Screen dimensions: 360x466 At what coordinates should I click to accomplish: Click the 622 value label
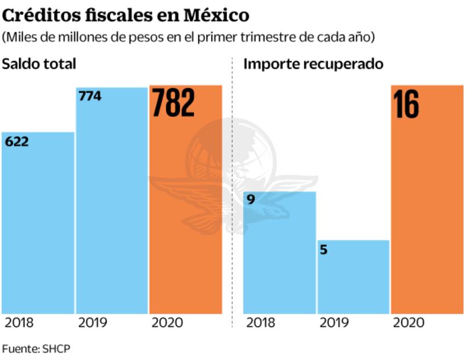pyautogui.click(x=16, y=142)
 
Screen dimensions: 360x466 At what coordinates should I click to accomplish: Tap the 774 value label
pyautogui.click(x=89, y=96)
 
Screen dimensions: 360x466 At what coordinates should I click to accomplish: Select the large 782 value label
pyautogui.click(x=173, y=103)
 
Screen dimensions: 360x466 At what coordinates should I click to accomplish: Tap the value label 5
pyautogui.click(x=324, y=250)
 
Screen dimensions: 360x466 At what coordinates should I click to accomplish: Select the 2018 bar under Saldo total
pyautogui.click(x=38, y=232)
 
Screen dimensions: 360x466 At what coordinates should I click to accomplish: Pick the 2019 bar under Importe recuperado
pyautogui.click(x=353, y=279)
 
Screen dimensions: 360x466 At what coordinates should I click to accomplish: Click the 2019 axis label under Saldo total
pyautogui.click(x=92, y=323)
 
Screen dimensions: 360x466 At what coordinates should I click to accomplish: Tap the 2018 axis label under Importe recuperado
pyautogui.click(x=261, y=323)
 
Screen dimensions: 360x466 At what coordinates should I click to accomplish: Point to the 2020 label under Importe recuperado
pyautogui.click(x=409, y=323)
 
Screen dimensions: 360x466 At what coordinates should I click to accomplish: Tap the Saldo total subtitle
pyautogui.click(x=39, y=64)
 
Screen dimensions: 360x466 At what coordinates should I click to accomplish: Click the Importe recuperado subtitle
pyautogui.click(x=313, y=64)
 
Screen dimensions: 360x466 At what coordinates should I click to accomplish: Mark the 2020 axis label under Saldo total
pyautogui.click(x=167, y=323)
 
